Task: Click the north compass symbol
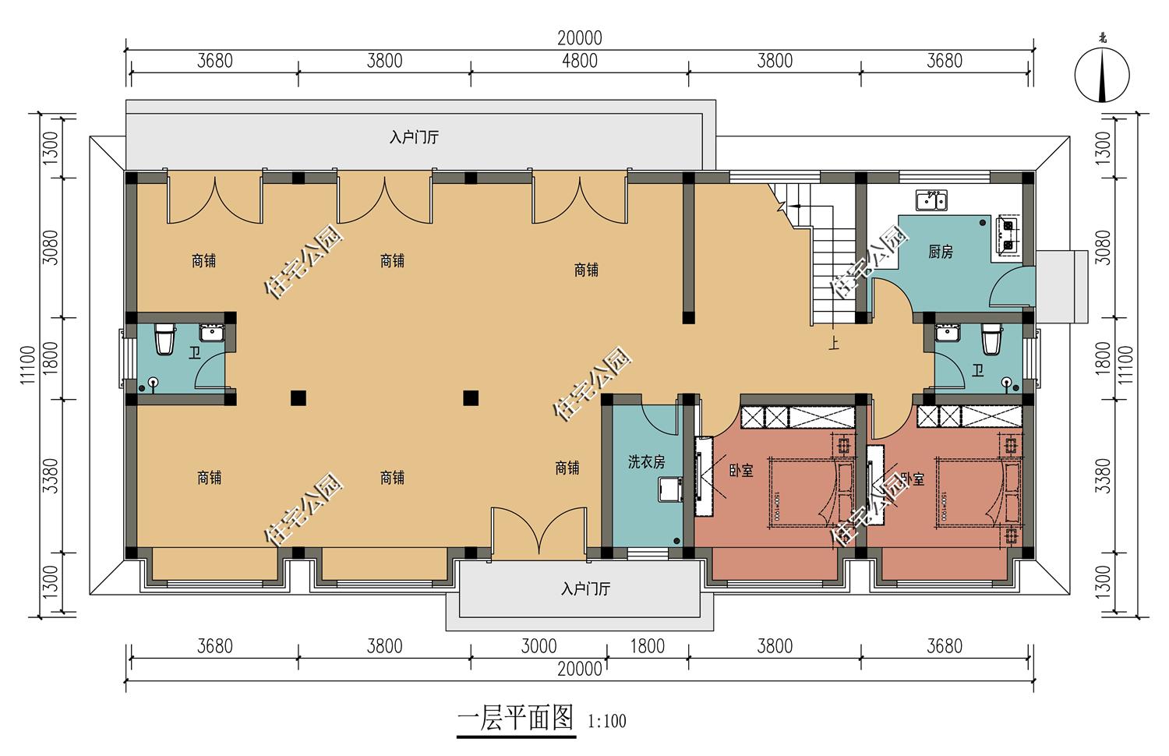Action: tap(1102, 76)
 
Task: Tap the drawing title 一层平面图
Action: tap(515, 718)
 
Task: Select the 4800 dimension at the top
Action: tap(580, 61)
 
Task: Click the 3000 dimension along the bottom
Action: tap(539, 646)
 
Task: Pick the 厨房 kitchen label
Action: tap(941, 252)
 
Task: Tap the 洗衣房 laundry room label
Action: tap(646, 462)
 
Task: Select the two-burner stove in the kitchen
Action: tap(1008, 235)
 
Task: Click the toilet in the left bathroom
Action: tap(164, 340)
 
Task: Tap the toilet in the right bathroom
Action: tap(991, 340)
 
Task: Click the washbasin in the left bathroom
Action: tap(211, 334)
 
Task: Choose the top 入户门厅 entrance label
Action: tap(414, 138)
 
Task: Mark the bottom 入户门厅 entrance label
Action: tap(584, 588)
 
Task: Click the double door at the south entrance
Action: tap(537, 534)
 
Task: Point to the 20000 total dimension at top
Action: tap(579, 37)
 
